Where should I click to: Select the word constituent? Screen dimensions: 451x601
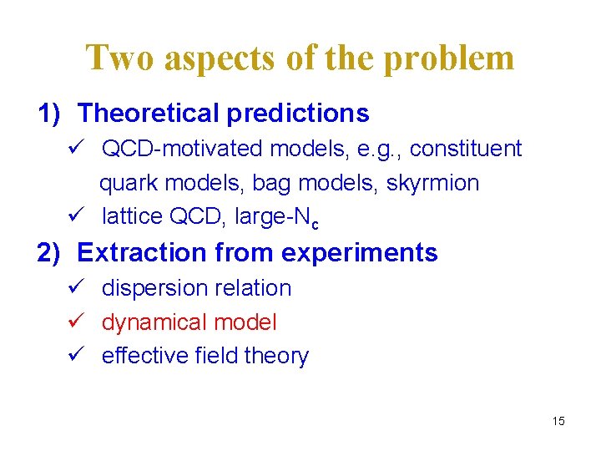[466, 149]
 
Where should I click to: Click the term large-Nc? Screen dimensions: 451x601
[277, 218]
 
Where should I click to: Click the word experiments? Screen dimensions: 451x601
[368, 252]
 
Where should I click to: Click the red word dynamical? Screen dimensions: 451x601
[154, 322]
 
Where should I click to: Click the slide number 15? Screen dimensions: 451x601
[558, 421]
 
